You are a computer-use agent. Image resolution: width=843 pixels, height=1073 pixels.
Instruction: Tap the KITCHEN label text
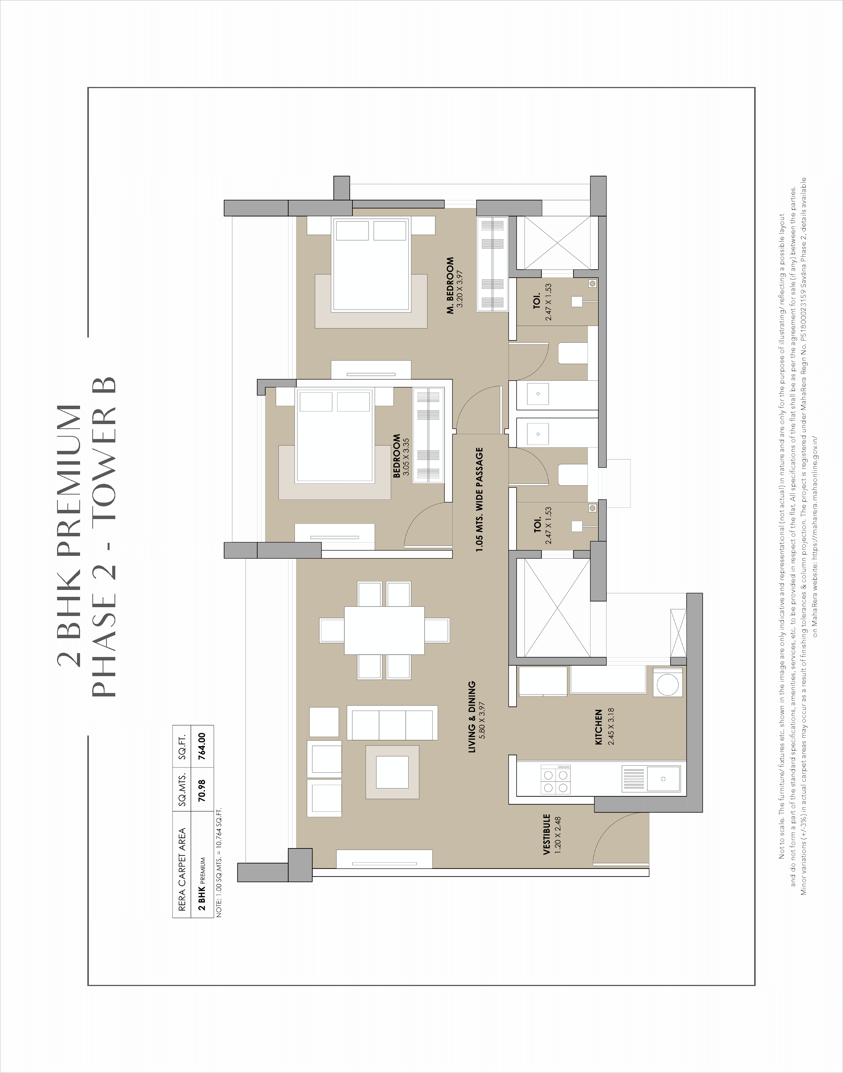599,727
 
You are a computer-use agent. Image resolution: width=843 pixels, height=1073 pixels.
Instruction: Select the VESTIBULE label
547,835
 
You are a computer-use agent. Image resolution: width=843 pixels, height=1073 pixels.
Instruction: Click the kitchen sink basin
663,779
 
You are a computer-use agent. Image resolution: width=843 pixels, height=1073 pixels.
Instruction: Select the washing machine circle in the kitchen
668,683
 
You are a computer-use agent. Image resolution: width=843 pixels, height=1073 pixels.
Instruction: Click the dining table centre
384,630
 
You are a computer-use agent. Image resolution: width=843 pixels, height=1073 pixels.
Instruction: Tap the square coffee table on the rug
392,772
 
